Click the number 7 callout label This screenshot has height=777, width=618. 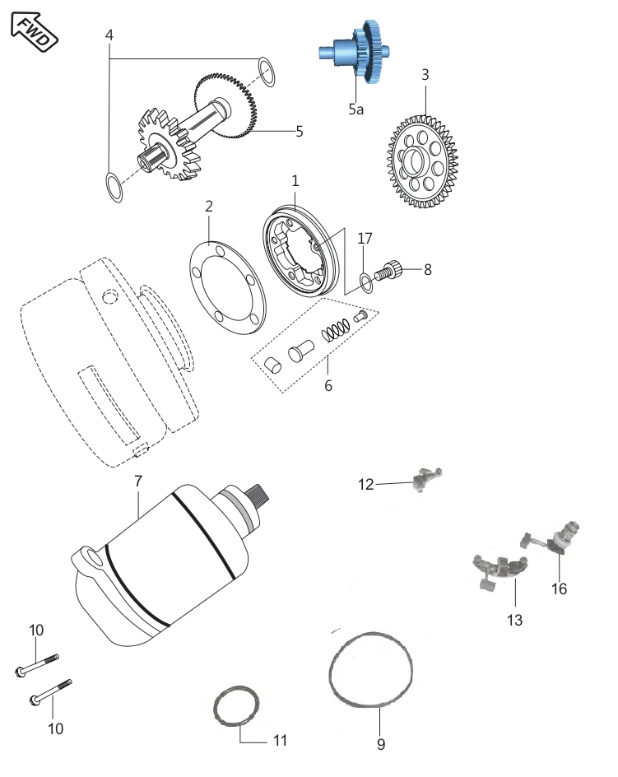[x=137, y=480]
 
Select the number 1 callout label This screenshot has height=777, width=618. [x=295, y=179]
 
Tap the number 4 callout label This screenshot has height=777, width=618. [x=109, y=35]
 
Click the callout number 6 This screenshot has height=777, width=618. [x=328, y=385]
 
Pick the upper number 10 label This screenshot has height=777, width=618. [x=36, y=630]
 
